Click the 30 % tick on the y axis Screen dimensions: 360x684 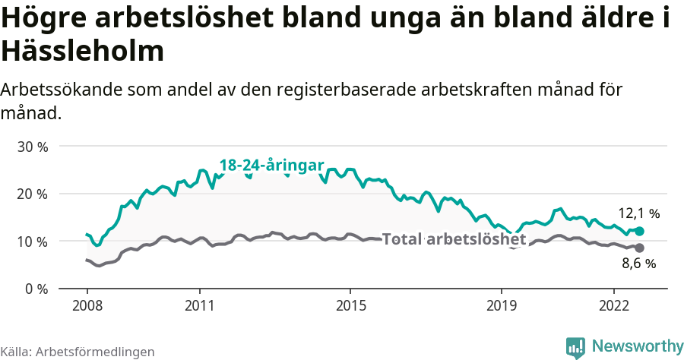(x=32, y=146)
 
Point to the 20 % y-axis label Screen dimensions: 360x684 (x=32, y=194)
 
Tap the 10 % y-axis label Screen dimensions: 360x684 (x=32, y=242)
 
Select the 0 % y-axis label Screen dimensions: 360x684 (x=36, y=289)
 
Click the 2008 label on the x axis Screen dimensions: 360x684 (x=87, y=305)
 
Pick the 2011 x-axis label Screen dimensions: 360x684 (x=199, y=305)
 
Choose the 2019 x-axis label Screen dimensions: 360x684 (x=501, y=305)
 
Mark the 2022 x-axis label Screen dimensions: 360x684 (x=613, y=305)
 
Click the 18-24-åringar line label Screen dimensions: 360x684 (x=271, y=166)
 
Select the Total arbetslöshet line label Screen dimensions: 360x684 (x=454, y=240)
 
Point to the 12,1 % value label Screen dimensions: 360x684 (x=638, y=214)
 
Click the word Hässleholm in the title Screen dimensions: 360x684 (x=83, y=51)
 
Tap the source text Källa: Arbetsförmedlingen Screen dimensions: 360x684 (x=78, y=352)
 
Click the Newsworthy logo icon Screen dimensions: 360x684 (x=575, y=347)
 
